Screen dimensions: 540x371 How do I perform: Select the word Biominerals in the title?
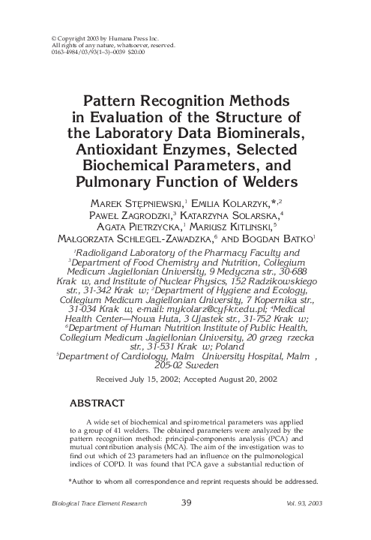click(254, 133)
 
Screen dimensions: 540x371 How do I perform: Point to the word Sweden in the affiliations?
click(205, 368)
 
